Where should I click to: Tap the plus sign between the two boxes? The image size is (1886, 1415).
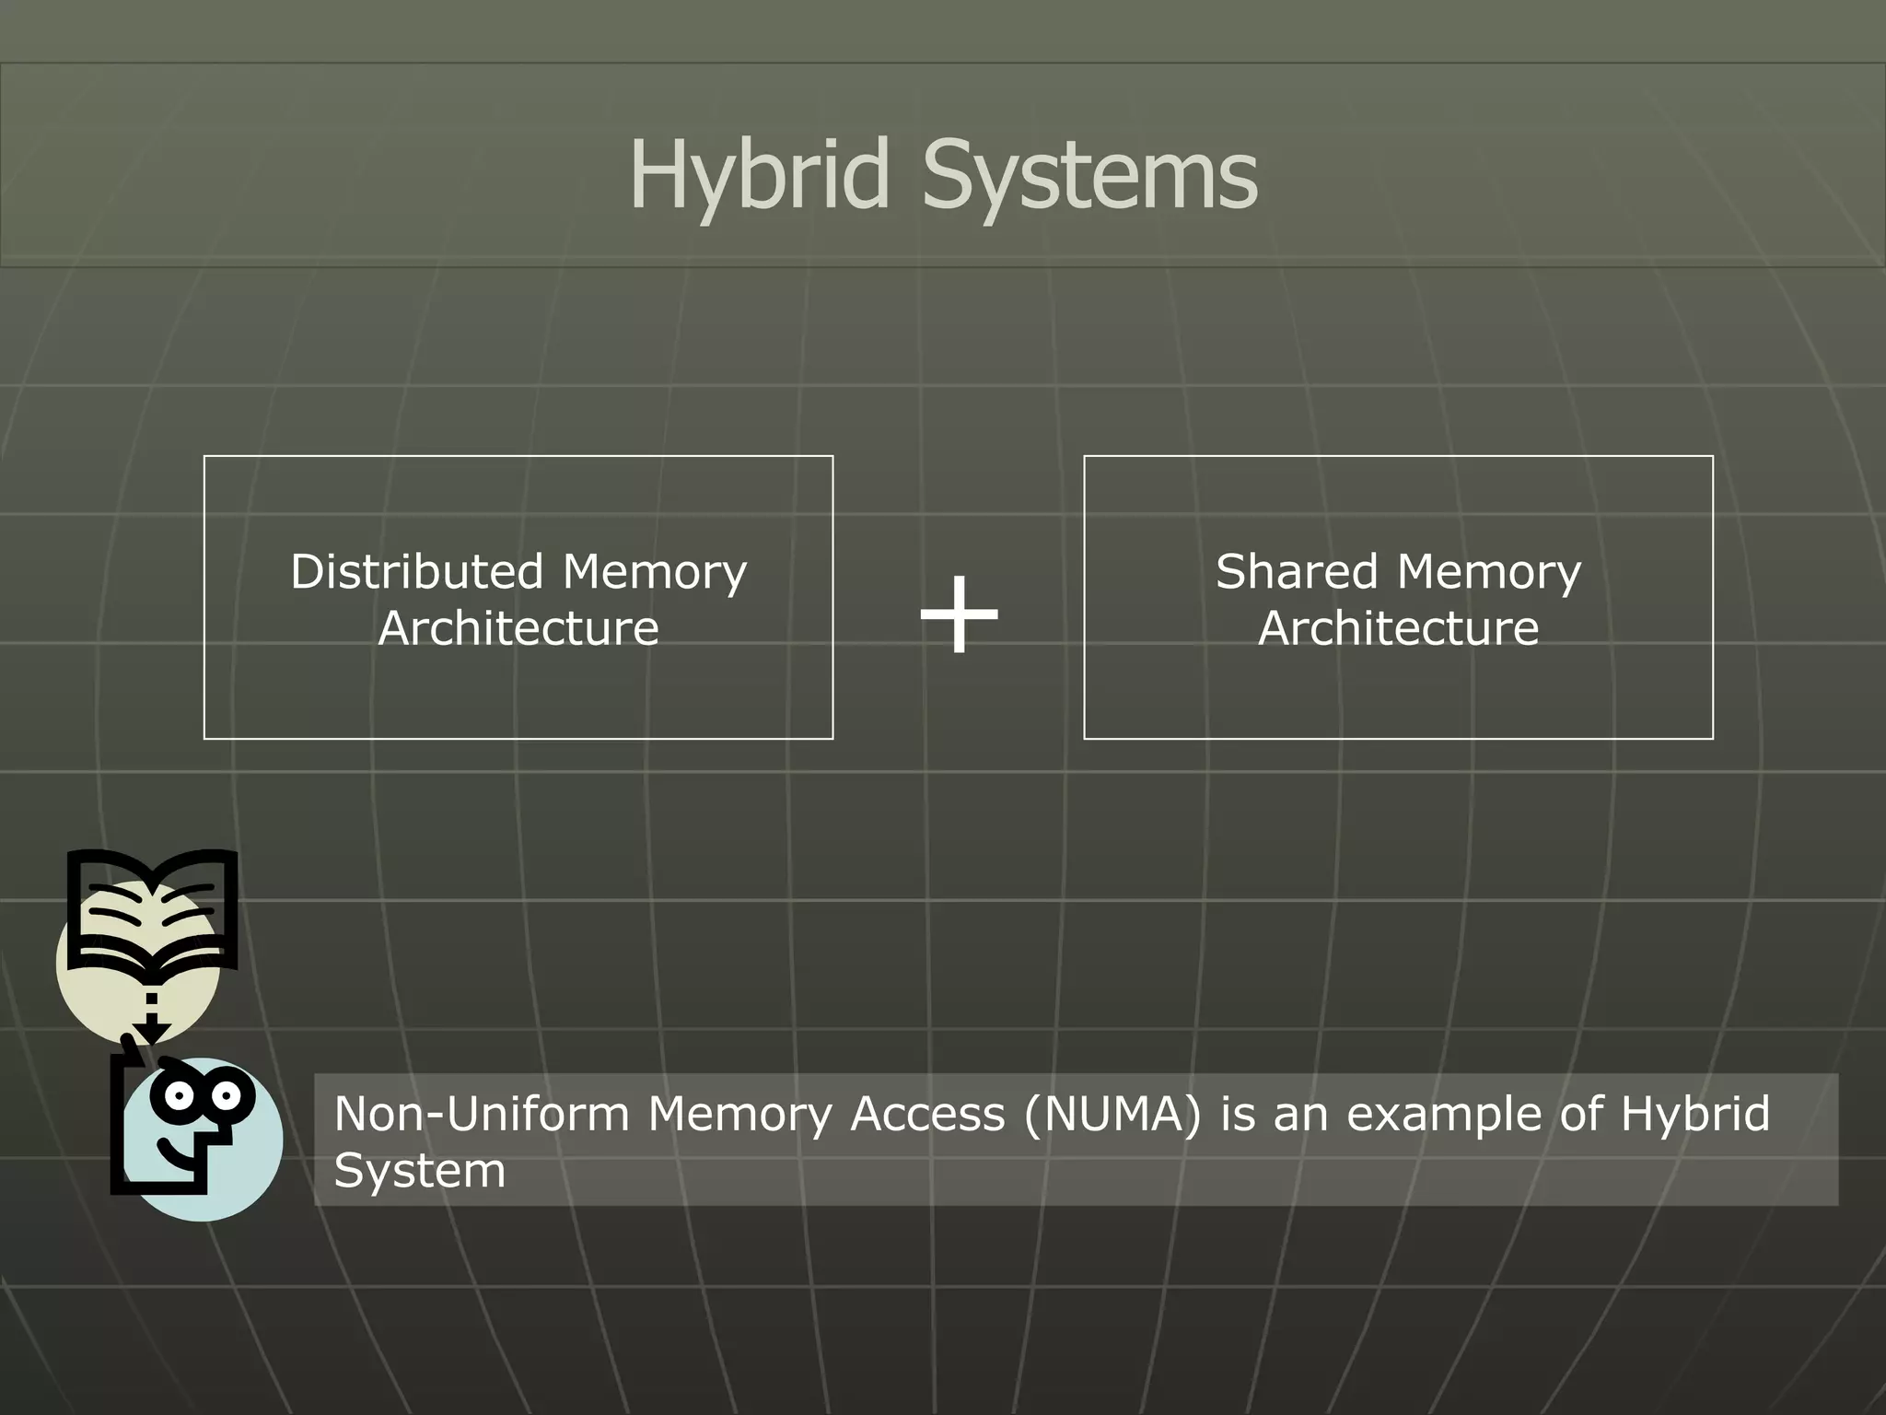(959, 614)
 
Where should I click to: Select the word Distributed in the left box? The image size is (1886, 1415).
(417, 571)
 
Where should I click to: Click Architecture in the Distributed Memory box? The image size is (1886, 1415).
(518, 628)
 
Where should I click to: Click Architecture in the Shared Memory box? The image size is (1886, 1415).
(1398, 628)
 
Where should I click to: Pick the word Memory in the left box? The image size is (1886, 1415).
(655, 571)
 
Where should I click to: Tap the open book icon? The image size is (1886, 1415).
(152, 912)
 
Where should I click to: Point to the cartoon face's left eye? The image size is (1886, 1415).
(179, 1096)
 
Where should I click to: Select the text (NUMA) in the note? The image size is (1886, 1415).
(1112, 1114)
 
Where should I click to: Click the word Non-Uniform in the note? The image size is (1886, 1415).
(482, 1114)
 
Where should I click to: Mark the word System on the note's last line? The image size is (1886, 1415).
(420, 1171)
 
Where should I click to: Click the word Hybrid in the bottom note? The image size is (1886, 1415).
(1695, 1114)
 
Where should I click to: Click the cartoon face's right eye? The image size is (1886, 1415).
(225, 1096)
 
